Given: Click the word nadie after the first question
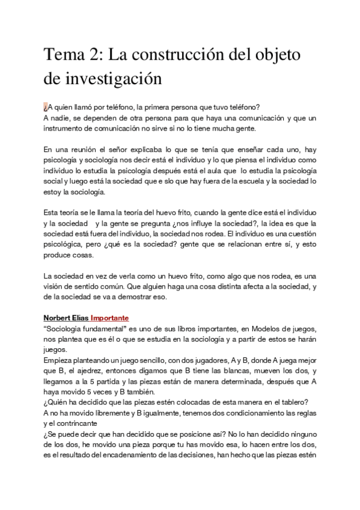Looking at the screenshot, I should [x=60, y=118].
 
